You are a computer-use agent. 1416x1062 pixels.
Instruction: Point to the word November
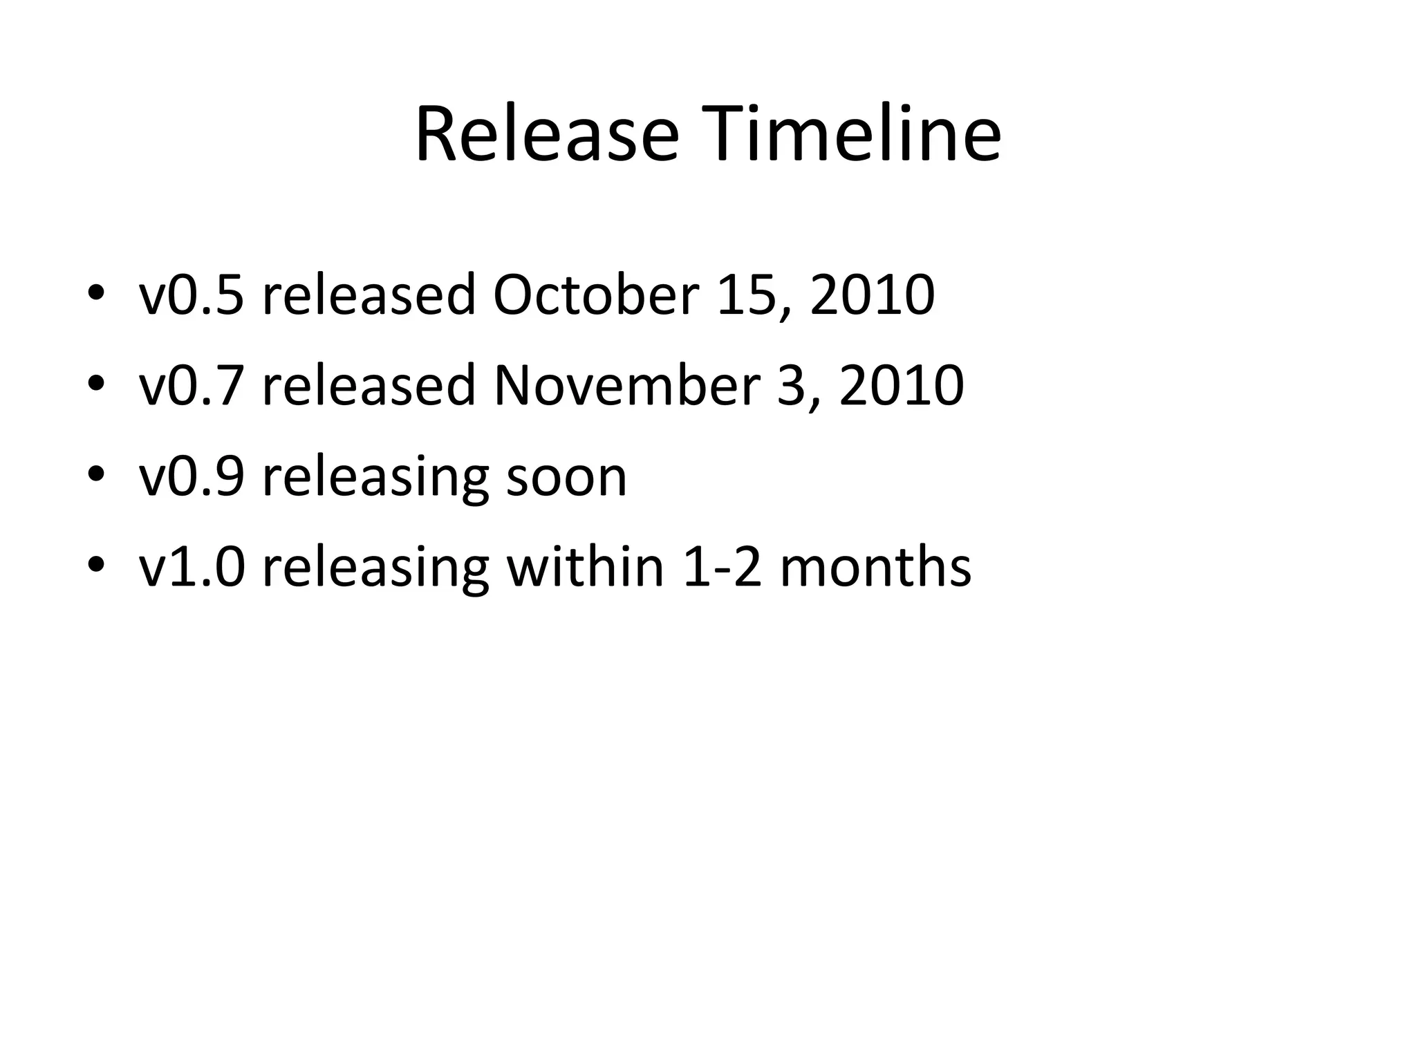(x=626, y=386)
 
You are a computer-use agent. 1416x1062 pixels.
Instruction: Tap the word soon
(x=566, y=478)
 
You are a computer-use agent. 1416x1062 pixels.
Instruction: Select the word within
(x=585, y=568)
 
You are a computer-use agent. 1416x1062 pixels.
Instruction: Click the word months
(x=875, y=568)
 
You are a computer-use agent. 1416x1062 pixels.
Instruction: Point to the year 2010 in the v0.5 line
(x=873, y=295)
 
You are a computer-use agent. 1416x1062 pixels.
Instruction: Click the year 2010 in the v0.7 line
(x=902, y=386)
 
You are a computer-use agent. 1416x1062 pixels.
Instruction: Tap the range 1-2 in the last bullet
(x=722, y=568)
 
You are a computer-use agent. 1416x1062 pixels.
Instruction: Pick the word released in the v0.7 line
(x=369, y=386)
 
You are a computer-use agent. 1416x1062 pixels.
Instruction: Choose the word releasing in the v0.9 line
(x=375, y=478)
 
